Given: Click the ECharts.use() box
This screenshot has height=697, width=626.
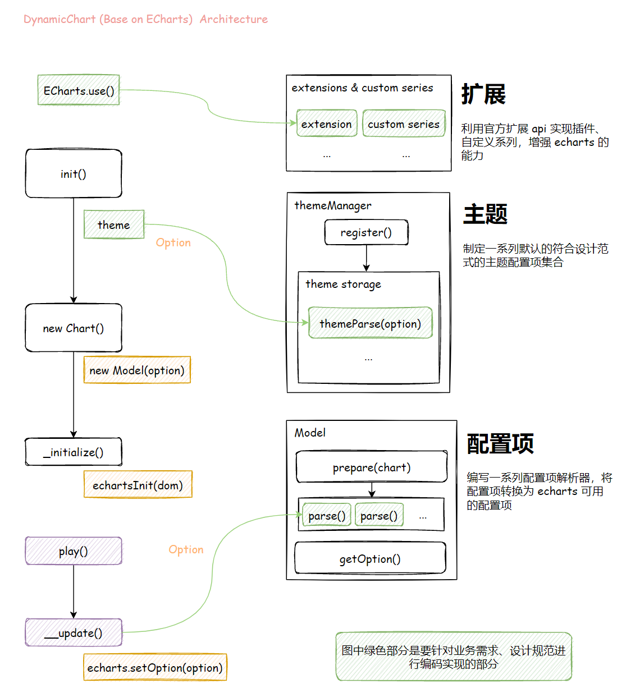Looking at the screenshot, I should pos(79,90).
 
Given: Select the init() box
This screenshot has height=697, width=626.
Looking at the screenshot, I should pos(74,174).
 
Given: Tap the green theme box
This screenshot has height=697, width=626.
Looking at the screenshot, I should pos(114,224).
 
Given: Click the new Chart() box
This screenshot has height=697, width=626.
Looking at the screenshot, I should pos(74,328).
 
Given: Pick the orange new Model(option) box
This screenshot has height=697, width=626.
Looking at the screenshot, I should pos(137,370).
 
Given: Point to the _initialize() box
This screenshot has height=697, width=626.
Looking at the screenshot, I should pos(74,452).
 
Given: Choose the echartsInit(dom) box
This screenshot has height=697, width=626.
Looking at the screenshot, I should pos(138,485).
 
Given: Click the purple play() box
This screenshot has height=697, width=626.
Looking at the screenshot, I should pos(74,551).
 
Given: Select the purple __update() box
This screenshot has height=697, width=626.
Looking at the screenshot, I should pos(74,633).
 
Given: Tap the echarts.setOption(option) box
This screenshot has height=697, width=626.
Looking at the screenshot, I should pos(155,668).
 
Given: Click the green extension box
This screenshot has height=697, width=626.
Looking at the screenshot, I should pos(327,124).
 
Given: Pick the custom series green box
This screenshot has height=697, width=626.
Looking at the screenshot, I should pos(404,124).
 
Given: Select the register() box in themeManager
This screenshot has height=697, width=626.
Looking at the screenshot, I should pos(366,232).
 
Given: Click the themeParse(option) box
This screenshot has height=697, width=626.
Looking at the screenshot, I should pos(370,323).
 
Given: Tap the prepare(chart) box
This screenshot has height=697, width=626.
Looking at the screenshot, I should pos(372,467).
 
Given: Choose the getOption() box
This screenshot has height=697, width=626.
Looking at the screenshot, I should pos(370,559).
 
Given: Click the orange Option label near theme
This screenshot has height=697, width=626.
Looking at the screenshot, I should pos(173,242).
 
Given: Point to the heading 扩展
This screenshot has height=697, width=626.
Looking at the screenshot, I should pos(483,94).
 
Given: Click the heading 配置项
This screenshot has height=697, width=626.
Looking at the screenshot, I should pos(500,443).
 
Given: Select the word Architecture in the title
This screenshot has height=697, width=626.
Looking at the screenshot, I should pos(234,19).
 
